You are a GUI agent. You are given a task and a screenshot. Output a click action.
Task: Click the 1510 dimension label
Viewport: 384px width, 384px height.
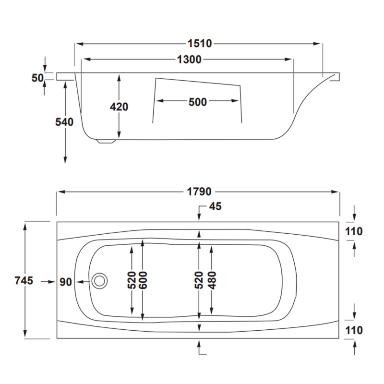[x=199, y=44]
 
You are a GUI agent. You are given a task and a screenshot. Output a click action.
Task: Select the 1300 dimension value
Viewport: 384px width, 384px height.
[x=189, y=60]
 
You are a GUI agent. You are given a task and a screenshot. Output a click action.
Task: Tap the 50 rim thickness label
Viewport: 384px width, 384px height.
[x=37, y=78]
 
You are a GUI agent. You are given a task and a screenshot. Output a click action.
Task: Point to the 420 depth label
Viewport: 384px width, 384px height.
[x=119, y=107]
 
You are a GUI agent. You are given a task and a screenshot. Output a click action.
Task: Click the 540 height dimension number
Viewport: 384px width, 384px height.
[x=64, y=122]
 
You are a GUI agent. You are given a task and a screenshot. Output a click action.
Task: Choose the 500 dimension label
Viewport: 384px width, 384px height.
[x=197, y=101]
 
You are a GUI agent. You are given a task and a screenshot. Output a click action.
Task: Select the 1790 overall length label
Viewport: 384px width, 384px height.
[x=199, y=192]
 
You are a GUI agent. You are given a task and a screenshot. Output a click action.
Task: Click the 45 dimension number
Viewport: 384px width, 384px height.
[x=215, y=206]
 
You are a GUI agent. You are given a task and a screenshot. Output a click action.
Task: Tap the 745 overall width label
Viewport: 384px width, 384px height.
[x=24, y=281]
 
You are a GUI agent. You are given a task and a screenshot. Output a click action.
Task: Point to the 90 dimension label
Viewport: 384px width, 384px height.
[x=66, y=282]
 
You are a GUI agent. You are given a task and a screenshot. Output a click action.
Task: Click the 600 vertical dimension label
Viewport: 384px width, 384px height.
[x=143, y=280]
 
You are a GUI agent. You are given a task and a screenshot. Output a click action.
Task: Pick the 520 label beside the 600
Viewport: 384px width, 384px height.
[x=132, y=280]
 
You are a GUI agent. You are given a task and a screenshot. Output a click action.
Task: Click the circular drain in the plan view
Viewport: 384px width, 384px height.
[x=100, y=281]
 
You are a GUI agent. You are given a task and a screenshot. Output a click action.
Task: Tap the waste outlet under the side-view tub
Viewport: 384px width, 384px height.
[x=107, y=141]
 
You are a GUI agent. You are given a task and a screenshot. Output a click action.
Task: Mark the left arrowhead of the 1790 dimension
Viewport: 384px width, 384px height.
[x=60, y=192]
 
